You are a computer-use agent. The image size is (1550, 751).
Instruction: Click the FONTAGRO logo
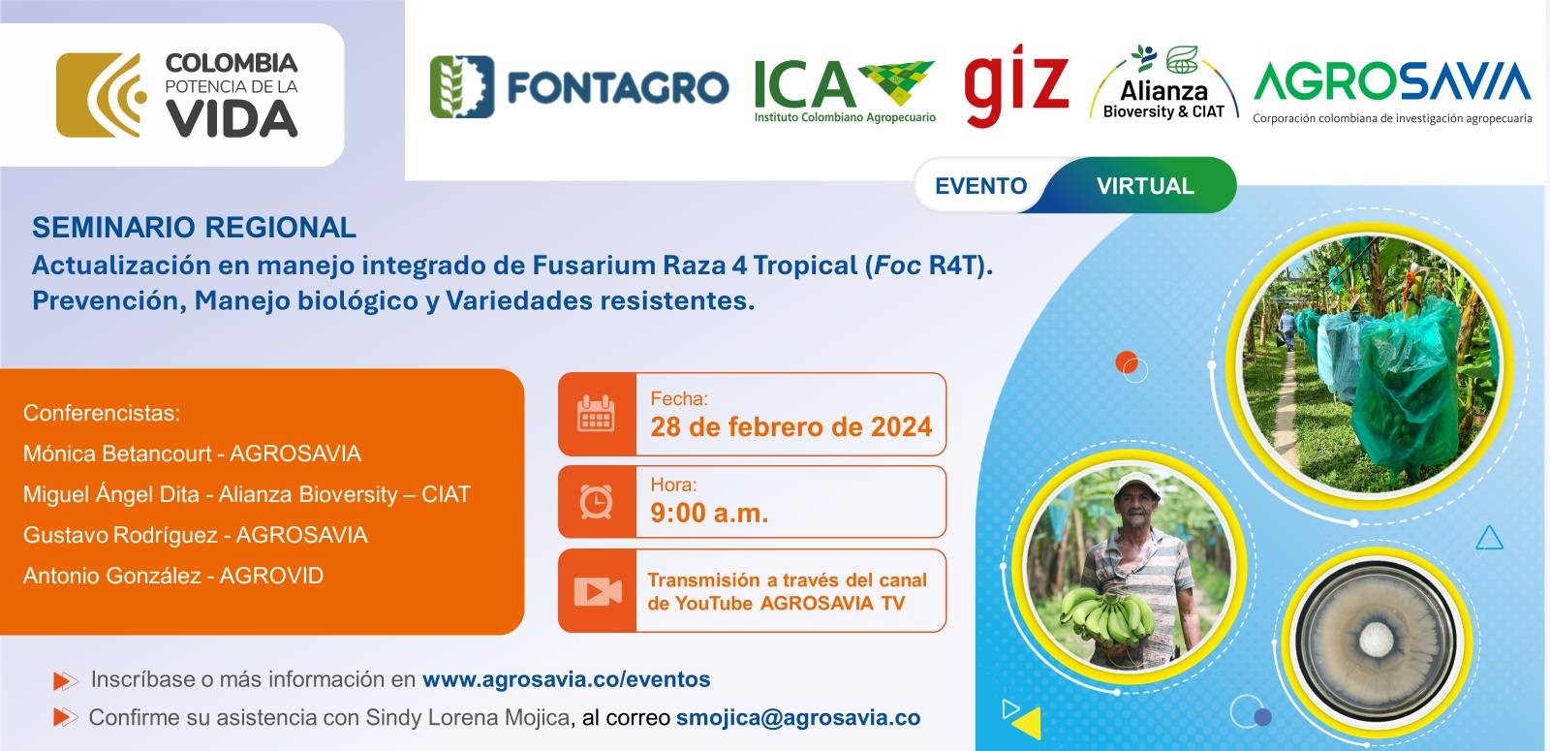pyautogui.click(x=579, y=86)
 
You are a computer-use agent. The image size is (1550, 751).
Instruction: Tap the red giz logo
pyautogui.click(x=1016, y=86)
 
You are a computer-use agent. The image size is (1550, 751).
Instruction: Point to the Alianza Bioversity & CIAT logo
pyautogui.click(x=1163, y=83)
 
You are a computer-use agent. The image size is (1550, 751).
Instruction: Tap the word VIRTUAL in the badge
pyautogui.click(x=1145, y=185)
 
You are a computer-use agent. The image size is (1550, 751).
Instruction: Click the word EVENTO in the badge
pyautogui.click(x=980, y=185)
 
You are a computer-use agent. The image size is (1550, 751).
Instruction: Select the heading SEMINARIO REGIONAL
pyautogui.click(x=194, y=227)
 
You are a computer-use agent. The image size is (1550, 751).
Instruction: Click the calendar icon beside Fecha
pyautogui.click(x=596, y=414)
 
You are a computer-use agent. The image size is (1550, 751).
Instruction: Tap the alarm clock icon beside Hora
pyautogui.click(x=596, y=501)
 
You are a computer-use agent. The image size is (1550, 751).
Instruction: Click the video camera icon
pyautogui.click(x=598, y=591)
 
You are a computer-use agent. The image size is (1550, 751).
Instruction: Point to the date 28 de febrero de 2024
pyautogui.click(x=790, y=427)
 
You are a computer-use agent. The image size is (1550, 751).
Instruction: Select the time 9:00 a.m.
pyautogui.click(x=709, y=513)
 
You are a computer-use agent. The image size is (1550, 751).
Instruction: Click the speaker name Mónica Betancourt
pyautogui.click(x=117, y=454)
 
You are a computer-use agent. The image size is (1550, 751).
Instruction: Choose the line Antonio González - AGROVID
pyautogui.click(x=173, y=576)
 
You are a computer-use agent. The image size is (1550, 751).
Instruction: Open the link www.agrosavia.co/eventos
pyautogui.click(x=566, y=679)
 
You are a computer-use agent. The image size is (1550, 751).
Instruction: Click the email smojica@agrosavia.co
pyautogui.click(x=798, y=718)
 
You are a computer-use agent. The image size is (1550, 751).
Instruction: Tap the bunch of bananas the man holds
pyautogui.click(x=1107, y=616)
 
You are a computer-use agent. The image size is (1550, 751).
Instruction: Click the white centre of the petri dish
pyautogui.click(x=1374, y=640)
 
